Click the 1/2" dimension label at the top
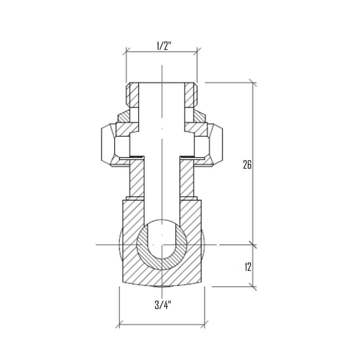pyautogui.click(x=161, y=46)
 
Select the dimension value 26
pyautogui.click(x=247, y=165)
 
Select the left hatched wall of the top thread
pyautogui.click(x=134, y=95)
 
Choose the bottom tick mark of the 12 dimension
pyautogui.click(x=253, y=287)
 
